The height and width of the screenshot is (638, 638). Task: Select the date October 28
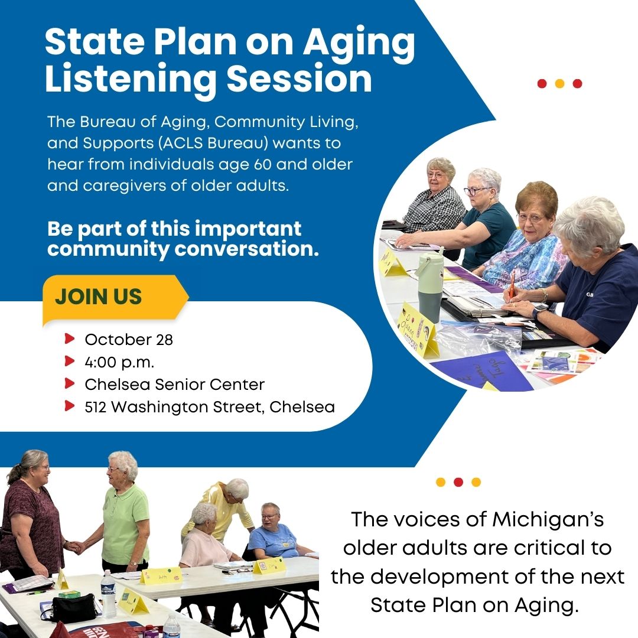point(129,340)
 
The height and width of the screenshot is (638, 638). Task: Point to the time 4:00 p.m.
point(119,362)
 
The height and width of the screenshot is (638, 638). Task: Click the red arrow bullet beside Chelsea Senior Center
point(70,383)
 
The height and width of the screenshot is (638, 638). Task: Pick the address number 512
point(95,407)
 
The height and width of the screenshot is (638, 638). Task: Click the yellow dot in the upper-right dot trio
point(559,83)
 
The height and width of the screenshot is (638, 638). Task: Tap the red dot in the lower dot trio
point(458,482)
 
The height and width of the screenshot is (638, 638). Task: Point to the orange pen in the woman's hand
point(512,284)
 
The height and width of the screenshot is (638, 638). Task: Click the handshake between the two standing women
point(75,547)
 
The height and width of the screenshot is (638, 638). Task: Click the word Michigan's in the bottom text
point(548,520)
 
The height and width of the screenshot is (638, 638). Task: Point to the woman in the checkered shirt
point(435,196)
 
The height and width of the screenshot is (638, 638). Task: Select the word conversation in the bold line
point(246,249)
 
